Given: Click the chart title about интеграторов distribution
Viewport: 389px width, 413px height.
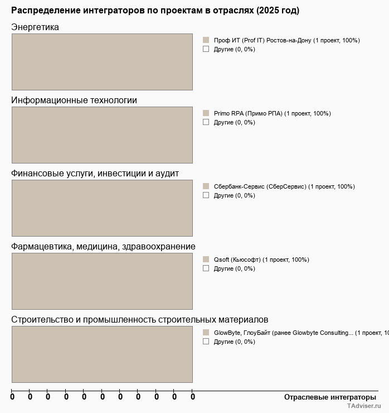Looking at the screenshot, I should [155, 11].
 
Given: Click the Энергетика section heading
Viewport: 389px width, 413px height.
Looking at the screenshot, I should [35, 27].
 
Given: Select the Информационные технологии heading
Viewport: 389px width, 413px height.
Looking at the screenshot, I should [74, 100].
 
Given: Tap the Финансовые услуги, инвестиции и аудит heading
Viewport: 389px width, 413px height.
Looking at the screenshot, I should [95, 174].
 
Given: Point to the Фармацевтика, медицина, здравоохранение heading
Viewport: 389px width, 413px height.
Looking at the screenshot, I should [103, 247].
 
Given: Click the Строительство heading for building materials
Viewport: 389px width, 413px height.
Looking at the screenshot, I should [139, 320].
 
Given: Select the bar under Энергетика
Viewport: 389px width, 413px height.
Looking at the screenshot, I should [102, 62].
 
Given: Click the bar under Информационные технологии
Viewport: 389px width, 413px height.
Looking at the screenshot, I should [102, 135].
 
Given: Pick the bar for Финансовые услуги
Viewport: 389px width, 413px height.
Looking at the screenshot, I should [102, 208].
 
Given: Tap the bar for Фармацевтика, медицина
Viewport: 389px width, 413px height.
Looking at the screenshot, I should [102, 281].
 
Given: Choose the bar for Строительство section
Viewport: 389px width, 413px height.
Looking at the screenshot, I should [102, 354].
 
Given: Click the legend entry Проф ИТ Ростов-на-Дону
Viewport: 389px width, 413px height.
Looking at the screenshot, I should [286, 40].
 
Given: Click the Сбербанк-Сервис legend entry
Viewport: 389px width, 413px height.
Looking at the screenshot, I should [284, 186].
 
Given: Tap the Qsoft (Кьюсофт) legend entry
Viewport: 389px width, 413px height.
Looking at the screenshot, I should [261, 260].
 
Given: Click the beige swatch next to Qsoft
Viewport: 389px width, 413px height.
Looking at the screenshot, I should [206, 260].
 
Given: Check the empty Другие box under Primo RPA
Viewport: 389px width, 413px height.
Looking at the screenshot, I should [206, 122].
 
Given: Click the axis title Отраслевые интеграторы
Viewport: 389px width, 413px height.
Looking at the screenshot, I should [330, 397].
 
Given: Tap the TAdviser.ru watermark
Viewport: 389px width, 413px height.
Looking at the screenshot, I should [363, 407].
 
